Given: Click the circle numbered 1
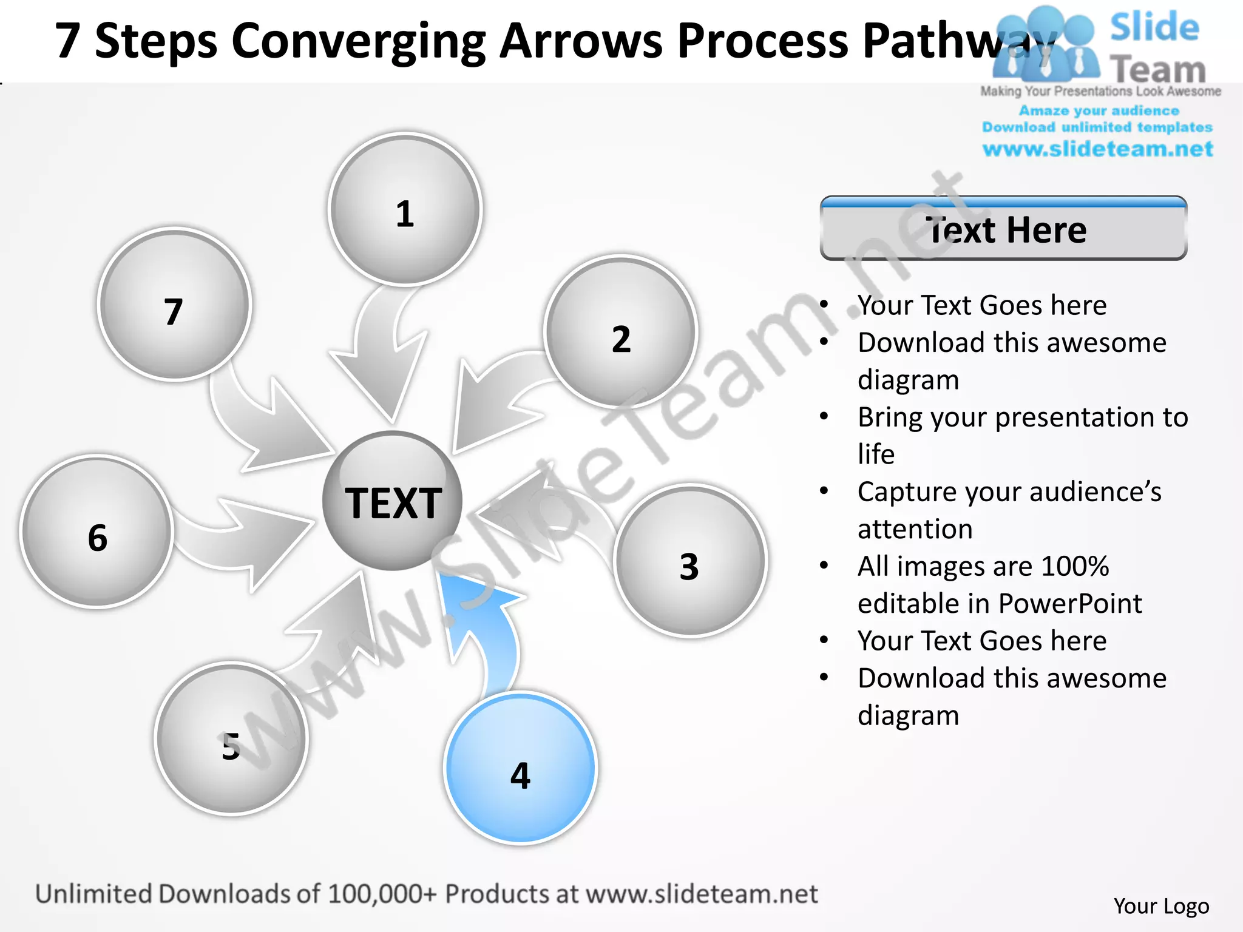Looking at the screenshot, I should click(405, 209).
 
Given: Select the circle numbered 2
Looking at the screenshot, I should click(620, 332).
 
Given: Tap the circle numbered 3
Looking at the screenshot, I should click(690, 561).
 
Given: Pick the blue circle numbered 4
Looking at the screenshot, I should click(521, 768).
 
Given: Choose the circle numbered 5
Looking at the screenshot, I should click(231, 738).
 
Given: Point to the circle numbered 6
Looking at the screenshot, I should click(97, 532).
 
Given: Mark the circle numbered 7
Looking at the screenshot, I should click(174, 305).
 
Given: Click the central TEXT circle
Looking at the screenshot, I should click(393, 501).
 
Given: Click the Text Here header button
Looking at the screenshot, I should click(1003, 229).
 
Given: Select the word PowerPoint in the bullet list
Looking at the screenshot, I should click(1070, 603).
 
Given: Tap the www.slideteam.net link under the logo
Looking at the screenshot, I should click(1097, 149).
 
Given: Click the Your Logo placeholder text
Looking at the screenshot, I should click(1161, 906).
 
